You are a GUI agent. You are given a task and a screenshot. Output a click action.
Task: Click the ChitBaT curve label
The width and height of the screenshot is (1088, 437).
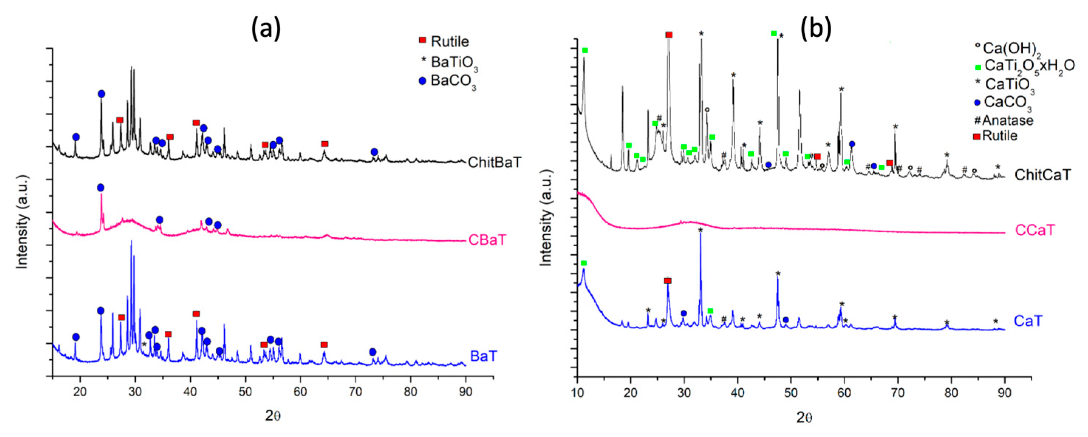point(495,162)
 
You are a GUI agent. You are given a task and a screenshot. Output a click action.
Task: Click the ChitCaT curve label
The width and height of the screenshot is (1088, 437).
point(1043,175)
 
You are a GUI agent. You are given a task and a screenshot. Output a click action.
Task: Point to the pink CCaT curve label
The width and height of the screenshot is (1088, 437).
point(1035,230)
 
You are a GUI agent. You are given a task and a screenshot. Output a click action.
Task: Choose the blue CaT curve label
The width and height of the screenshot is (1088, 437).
point(1028,321)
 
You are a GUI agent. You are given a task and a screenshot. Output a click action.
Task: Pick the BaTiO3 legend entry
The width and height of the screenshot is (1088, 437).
point(449,62)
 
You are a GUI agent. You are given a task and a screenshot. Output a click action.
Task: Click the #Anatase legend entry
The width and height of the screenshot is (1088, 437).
point(1003,121)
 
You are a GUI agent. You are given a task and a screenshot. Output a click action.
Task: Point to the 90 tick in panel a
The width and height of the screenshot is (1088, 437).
point(465,392)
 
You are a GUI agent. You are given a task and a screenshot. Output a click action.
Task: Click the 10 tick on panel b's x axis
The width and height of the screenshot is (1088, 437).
point(577,393)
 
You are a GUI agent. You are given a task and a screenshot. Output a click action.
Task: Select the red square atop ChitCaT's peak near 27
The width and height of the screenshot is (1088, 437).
point(668,35)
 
